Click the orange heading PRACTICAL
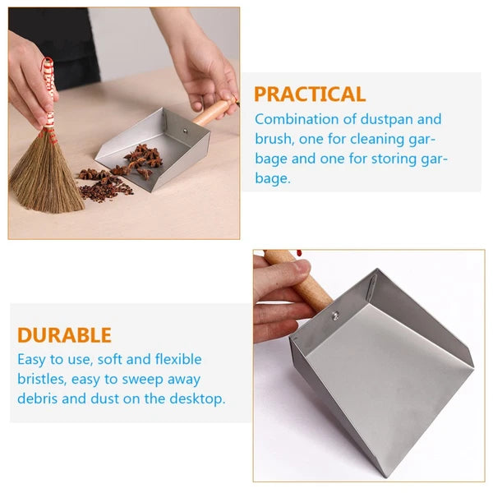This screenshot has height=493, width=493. (309, 94)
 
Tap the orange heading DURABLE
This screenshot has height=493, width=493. (64, 335)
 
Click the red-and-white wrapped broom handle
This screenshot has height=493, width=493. (48, 90)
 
